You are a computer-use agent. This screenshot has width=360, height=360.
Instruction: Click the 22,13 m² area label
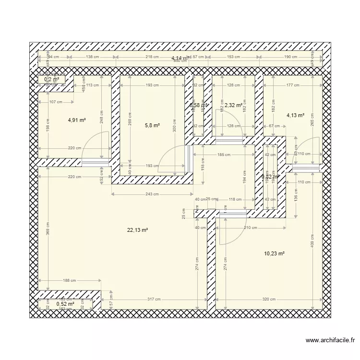click(137, 230)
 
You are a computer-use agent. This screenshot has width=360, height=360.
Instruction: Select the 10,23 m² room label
click(275, 253)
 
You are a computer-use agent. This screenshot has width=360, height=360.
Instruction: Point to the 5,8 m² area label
click(152, 126)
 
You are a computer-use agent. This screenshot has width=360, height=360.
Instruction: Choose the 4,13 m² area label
click(295, 115)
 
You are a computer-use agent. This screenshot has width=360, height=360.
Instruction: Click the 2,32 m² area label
click(232, 105)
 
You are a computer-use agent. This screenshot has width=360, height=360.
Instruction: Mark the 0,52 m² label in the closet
click(65, 304)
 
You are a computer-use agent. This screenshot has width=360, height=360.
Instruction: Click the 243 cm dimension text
click(153, 194)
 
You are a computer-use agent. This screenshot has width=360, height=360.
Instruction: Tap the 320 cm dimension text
click(269, 299)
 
